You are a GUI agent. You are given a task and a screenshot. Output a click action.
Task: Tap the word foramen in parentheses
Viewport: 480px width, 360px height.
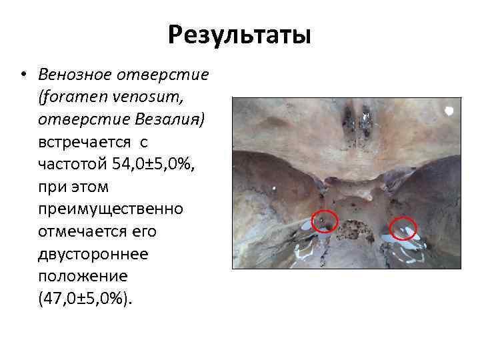point(70,98)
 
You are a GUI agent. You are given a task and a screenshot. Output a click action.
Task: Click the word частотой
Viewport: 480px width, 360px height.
point(69,165)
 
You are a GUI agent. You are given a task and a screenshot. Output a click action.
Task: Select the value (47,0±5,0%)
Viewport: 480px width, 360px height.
point(86,299)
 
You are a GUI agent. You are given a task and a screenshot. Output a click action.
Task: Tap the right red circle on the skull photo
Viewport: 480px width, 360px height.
point(403,229)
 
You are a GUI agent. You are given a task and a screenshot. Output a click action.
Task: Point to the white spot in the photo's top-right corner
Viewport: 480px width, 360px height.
point(449,110)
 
